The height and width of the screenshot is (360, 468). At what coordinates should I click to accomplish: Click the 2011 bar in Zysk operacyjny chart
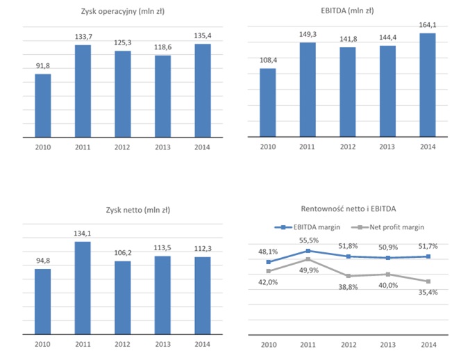click(x=83, y=91)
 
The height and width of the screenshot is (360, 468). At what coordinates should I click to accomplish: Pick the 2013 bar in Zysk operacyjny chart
click(x=162, y=97)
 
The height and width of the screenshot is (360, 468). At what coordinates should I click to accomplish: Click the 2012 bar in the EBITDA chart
click(x=347, y=92)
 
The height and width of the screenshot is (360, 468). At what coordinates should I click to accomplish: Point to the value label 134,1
click(x=83, y=234)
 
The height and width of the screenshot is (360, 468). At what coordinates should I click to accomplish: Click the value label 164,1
click(x=428, y=26)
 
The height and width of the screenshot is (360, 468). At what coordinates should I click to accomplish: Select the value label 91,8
click(x=43, y=66)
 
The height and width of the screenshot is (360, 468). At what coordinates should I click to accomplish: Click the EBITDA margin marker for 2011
click(x=308, y=250)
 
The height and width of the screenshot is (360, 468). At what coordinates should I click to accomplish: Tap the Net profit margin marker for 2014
click(x=428, y=281)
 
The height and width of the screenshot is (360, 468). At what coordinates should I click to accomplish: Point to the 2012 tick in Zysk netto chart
click(x=122, y=343)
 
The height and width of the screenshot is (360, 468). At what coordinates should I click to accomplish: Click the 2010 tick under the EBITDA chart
click(x=267, y=147)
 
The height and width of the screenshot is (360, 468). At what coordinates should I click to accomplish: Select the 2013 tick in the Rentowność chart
click(x=388, y=343)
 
